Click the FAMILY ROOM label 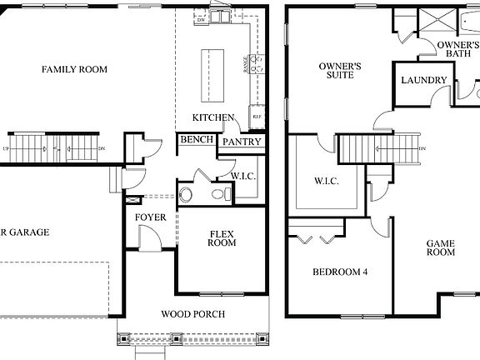click(x=74, y=69)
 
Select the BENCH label click(x=196, y=140)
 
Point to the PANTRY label click(x=242, y=142)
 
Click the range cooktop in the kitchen click(x=258, y=63)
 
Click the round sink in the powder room click(x=186, y=194)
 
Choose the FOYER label click(x=151, y=217)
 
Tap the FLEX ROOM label click(x=222, y=237)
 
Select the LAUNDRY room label click(x=424, y=81)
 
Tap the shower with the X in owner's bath click(x=432, y=21)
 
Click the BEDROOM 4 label click(x=340, y=272)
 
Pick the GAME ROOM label click(x=441, y=247)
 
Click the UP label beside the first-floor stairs click(x=7, y=148)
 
